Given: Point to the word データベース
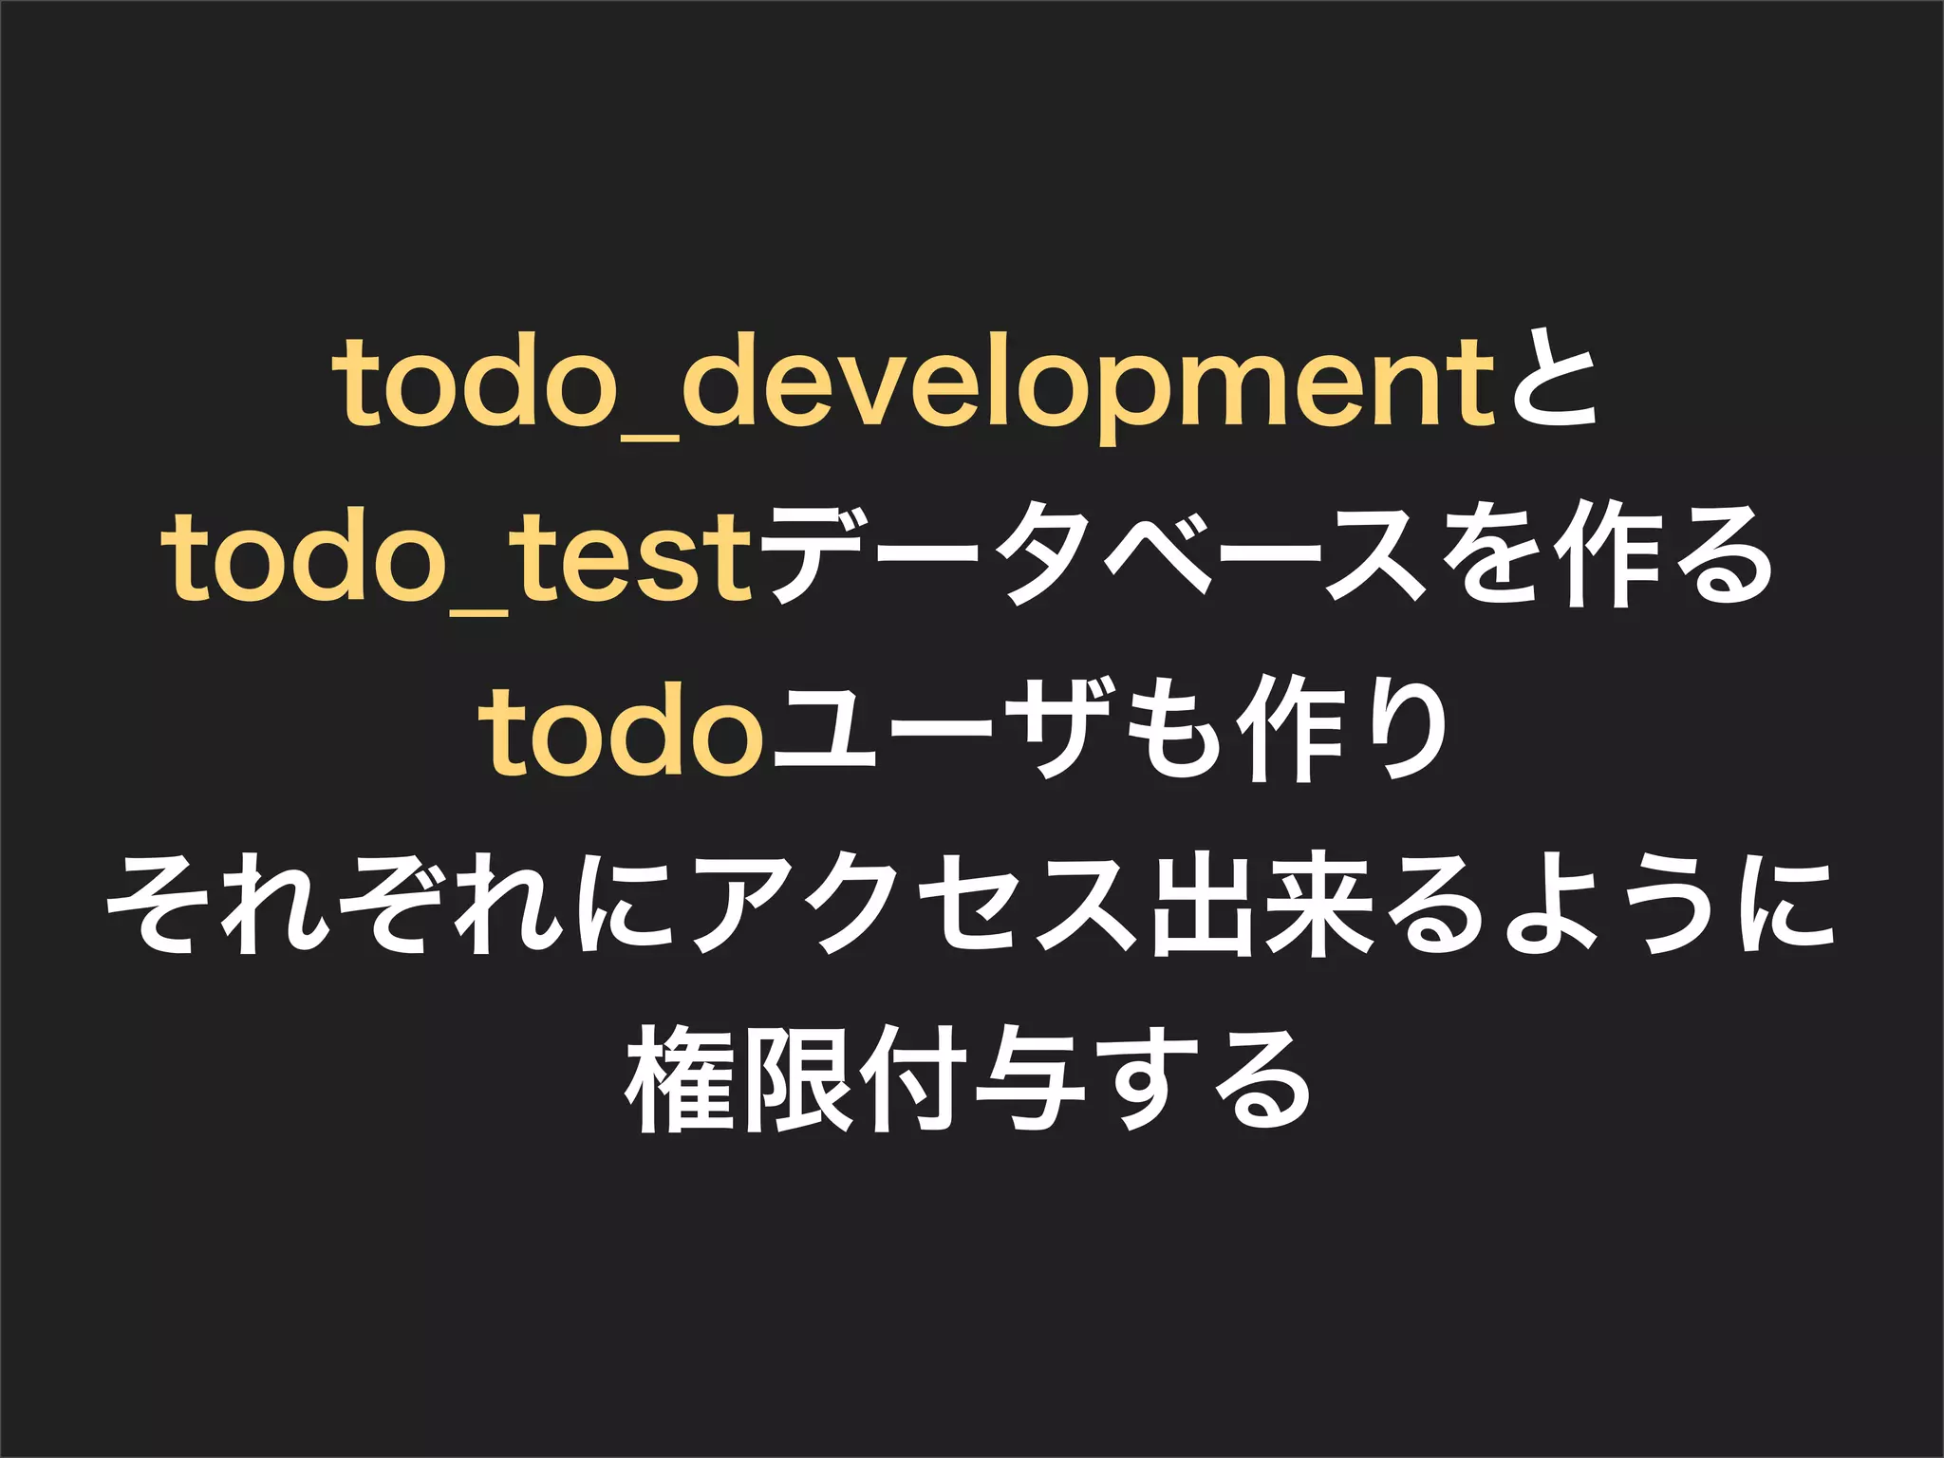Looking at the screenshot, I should (1096, 560).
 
